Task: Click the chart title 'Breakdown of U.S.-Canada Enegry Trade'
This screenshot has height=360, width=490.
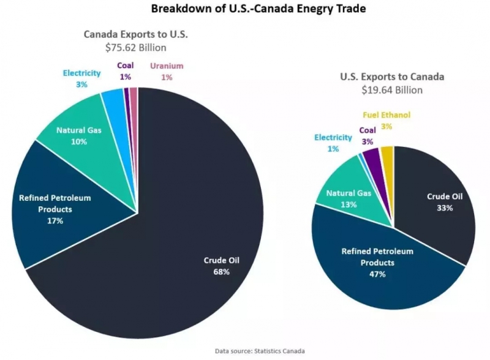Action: tap(246, 9)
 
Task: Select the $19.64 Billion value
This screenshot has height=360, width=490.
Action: tap(393, 89)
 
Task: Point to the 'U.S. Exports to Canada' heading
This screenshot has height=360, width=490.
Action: tap(392, 77)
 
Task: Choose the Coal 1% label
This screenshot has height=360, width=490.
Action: tap(126, 71)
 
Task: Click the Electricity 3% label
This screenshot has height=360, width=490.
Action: tap(81, 78)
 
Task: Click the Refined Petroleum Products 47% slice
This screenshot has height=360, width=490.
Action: tap(380, 263)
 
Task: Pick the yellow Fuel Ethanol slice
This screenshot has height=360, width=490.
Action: tap(387, 156)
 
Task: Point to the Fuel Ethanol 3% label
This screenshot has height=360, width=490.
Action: tap(386, 120)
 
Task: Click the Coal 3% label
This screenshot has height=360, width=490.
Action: tap(367, 135)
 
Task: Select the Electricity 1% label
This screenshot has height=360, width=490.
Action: tap(333, 143)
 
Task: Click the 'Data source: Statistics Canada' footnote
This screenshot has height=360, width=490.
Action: tap(260, 351)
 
